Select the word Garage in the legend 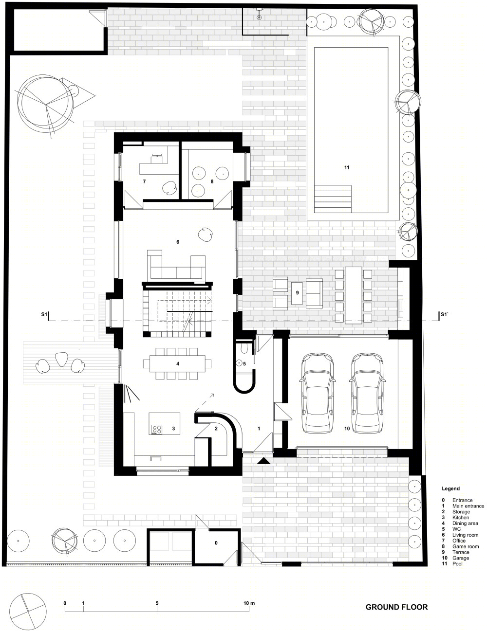[461, 558]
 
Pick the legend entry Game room [466, 546]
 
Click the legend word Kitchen [461, 517]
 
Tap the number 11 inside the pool [346, 167]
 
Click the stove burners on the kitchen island [157, 430]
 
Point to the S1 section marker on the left [44, 314]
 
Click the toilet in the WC [243, 348]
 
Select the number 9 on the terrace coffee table [297, 292]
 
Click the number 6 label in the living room [178, 242]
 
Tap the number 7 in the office [144, 181]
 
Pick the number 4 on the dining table [178, 363]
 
